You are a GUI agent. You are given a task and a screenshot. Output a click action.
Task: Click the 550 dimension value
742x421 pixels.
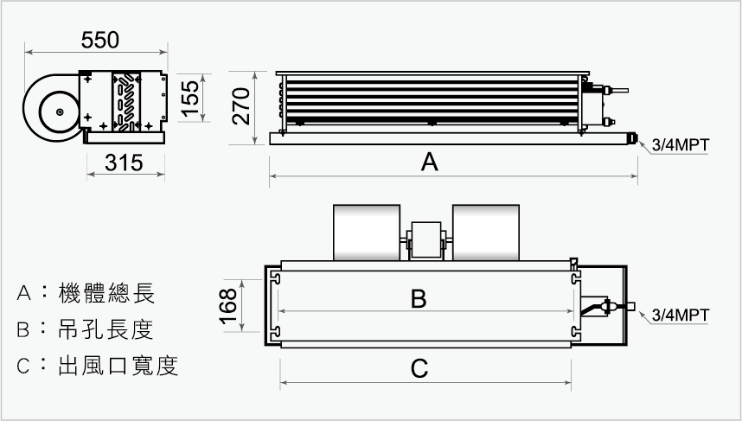pyautogui.click(x=99, y=40)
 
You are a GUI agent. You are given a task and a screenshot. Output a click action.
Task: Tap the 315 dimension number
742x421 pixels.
pyautogui.click(x=124, y=163)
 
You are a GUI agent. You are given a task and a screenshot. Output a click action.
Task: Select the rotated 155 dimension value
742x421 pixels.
pyautogui.click(x=190, y=99)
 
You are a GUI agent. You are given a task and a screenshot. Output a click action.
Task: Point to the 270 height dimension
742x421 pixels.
pyautogui.click(x=241, y=106)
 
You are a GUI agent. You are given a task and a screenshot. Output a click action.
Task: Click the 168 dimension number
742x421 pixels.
pyautogui.click(x=228, y=306)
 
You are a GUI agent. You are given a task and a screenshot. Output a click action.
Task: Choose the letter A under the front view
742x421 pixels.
pyautogui.click(x=429, y=162)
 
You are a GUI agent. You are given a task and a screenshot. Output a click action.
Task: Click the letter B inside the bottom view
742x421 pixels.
pyautogui.click(x=419, y=298)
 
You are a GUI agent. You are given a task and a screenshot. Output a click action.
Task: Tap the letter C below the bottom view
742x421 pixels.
pyautogui.click(x=419, y=368)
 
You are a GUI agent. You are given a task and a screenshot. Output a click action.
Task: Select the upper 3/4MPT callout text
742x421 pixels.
pyautogui.click(x=681, y=144)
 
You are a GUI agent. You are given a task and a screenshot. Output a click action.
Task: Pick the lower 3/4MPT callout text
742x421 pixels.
pyautogui.click(x=681, y=315)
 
